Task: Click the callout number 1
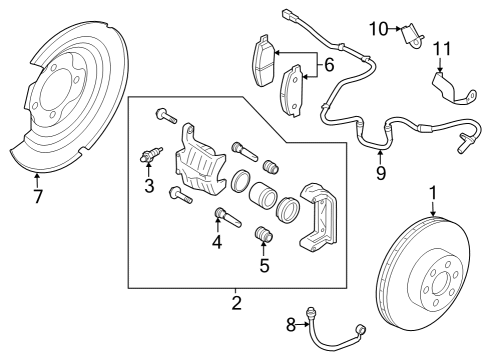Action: pyautogui.click(x=433, y=193)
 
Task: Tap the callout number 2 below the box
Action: pyautogui.click(x=237, y=301)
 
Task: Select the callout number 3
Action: pyautogui.click(x=148, y=187)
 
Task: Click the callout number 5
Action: pyautogui.click(x=265, y=267)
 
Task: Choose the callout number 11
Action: pyautogui.click(x=441, y=48)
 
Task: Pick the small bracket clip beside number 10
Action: pyautogui.click(x=410, y=37)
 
